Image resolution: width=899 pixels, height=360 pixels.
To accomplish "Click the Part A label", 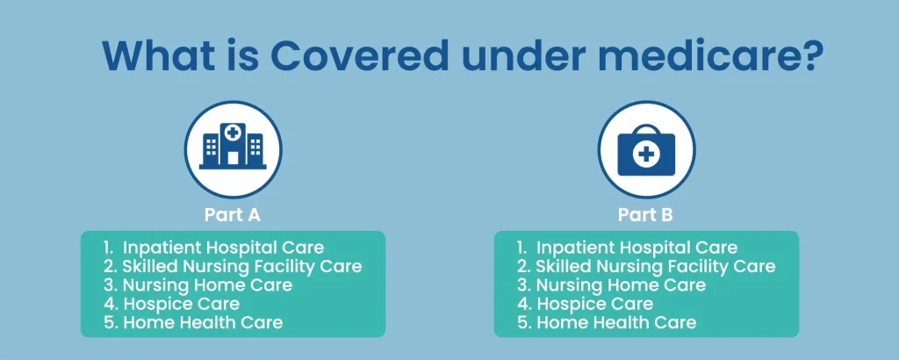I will (x=233, y=214).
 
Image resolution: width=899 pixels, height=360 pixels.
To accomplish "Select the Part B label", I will (x=646, y=214).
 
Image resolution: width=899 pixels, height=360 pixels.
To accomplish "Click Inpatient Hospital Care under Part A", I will (x=223, y=248).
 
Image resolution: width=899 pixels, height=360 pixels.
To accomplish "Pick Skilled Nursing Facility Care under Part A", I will (x=241, y=266).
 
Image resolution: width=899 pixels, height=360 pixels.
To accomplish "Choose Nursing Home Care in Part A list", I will (x=207, y=285).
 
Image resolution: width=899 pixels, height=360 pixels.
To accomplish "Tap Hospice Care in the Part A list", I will (x=181, y=304).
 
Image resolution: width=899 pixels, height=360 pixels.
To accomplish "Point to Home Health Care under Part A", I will (x=202, y=322).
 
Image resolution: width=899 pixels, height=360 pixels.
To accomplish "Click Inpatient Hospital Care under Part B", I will (x=636, y=248).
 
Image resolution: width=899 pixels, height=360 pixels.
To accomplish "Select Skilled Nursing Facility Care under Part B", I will (x=655, y=266).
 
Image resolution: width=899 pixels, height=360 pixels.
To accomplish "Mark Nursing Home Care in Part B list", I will (x=621, y=285).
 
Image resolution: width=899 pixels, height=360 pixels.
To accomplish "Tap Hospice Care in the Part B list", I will (x=594, y=304).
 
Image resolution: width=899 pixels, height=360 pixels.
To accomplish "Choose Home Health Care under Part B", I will (x=615, y=322).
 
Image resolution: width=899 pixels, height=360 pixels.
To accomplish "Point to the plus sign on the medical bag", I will (x=646, y=155).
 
